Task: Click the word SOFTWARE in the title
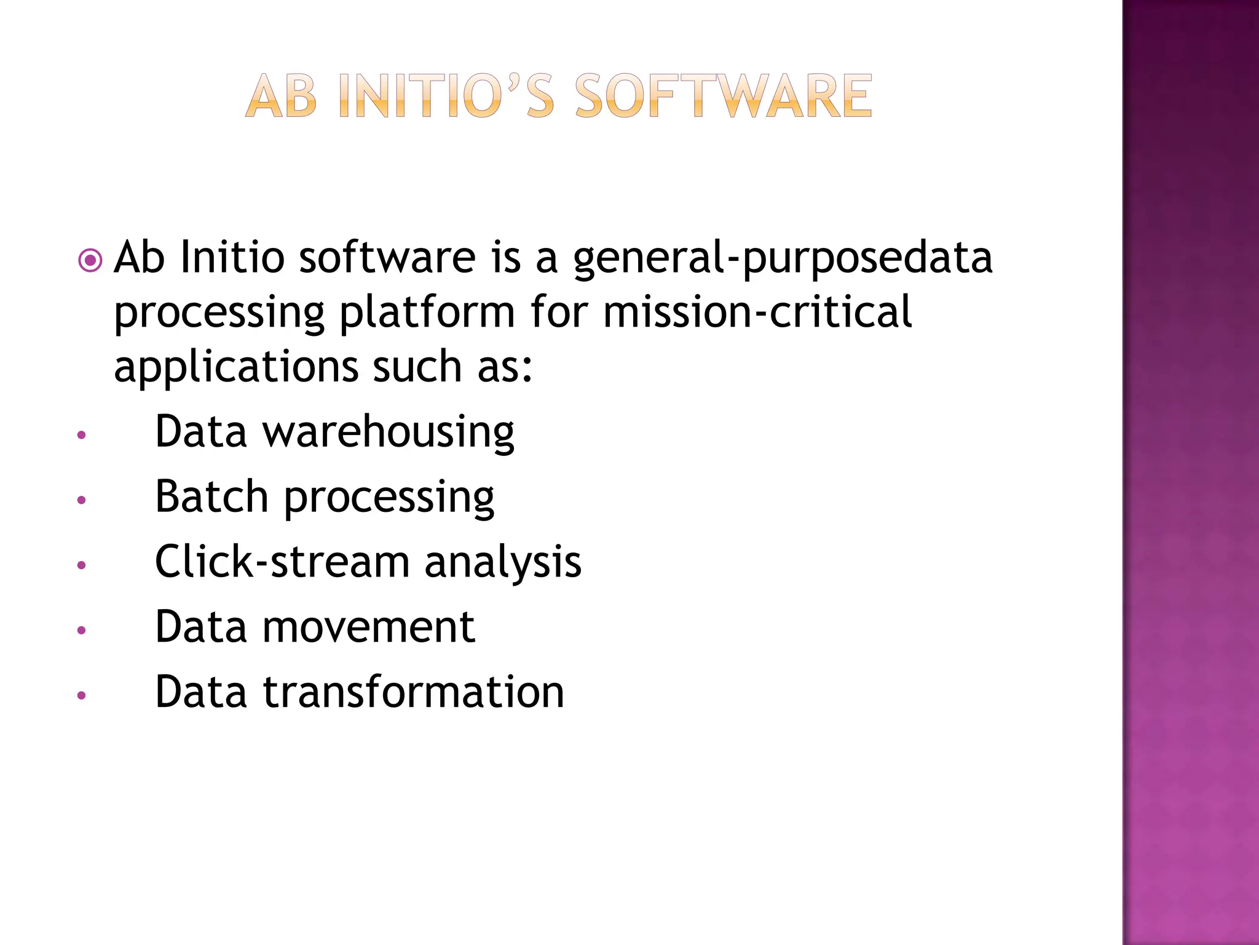pos(723,96)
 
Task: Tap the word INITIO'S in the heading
pos(446,96)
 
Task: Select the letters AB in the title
pos(282,97)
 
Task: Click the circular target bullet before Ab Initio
pos(90,261)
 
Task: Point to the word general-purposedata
pos(782,258)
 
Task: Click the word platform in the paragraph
pos(427,313)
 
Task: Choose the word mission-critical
pos(757,311)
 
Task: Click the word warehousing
pos(389,433)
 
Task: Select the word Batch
pos(211,496)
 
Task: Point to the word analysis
pos(502,563)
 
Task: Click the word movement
pos(369,628)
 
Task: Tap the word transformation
pos(413,692)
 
